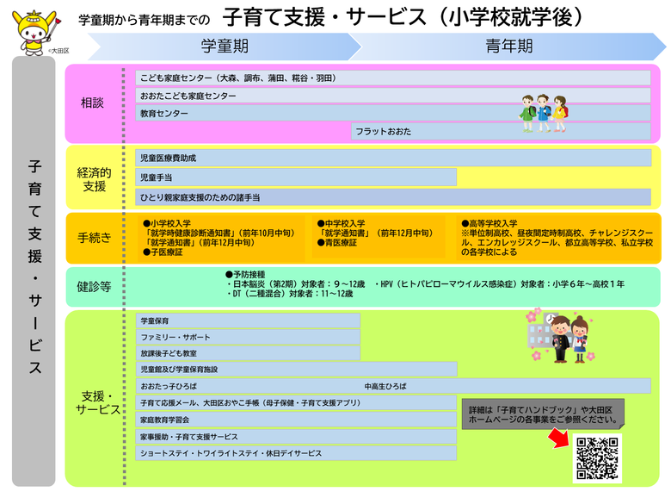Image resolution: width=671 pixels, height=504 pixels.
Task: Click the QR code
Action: point(597,457)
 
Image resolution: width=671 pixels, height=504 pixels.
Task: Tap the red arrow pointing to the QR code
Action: point(560,439)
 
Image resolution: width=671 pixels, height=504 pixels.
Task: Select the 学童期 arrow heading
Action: point(225,46)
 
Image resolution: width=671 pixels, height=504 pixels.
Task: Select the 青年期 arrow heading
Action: point(508,46)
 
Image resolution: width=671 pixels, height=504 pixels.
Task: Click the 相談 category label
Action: point(92,103)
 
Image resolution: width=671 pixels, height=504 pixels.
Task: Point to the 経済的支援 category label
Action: point(94,179)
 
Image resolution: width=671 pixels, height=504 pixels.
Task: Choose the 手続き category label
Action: point(94,237)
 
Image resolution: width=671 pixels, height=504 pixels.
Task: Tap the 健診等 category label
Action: point(94,286)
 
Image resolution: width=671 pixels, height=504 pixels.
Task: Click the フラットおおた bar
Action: point(501,131)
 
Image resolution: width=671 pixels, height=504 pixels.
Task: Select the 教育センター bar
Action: point(393,113)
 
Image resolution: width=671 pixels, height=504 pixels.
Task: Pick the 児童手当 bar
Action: point(296,177)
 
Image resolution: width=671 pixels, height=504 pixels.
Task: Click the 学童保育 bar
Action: point(248,320)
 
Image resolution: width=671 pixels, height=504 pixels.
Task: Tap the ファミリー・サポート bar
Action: point(248,337)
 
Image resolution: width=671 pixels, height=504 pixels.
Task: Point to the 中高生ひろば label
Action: point(385,386)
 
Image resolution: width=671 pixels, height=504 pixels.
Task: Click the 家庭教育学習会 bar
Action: point(296,420)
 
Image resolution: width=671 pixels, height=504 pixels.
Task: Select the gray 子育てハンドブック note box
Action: point(543,414)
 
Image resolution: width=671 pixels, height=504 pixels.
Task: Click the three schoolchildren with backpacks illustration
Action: point(544,113)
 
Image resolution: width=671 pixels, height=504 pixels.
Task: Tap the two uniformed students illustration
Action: point(562,336)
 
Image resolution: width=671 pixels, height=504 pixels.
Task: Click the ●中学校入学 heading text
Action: point(341,223)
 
